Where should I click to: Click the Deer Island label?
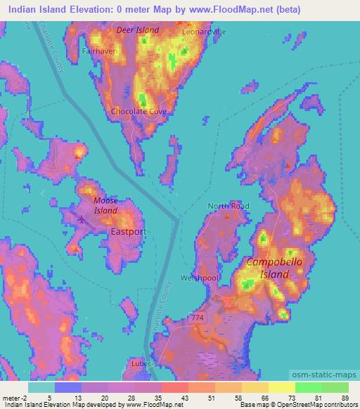(x=138, y=30)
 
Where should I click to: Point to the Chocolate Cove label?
(x=139, y=111)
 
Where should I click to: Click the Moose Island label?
(x=105, y=205)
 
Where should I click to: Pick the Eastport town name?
(x=128, y=230)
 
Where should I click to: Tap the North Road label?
(x=228, y=206)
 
